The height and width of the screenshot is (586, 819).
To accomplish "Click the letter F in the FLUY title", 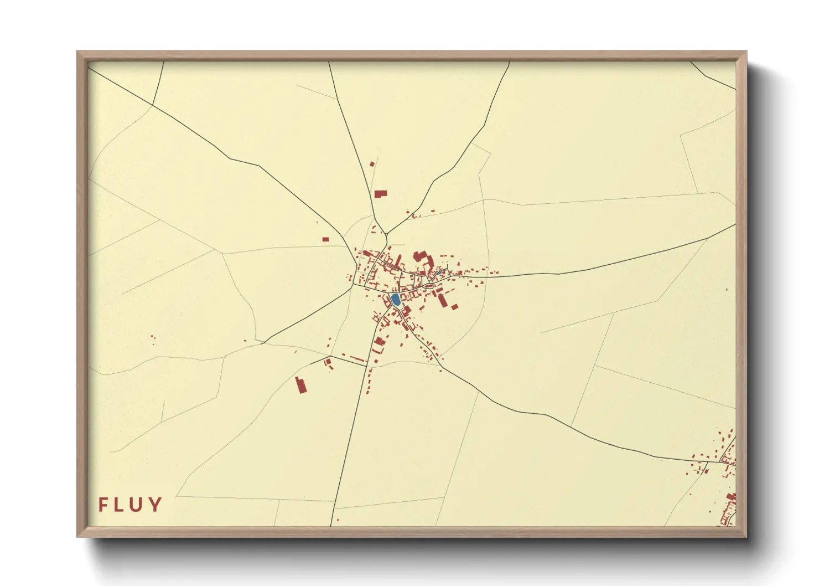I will [x=103, y=505].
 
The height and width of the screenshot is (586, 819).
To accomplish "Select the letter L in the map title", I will [x=120, y=505].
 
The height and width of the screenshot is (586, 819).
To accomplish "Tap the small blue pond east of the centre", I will [x=439, y=273].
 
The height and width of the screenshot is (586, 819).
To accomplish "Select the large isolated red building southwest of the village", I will [x=301, y=385].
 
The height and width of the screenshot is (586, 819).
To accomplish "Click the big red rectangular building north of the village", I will [x=380, y=194].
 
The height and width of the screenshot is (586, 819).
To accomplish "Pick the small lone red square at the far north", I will [x=372, y=164].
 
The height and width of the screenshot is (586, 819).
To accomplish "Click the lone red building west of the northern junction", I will [x=325, y=239].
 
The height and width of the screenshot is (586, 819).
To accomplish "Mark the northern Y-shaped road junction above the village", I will [x=386, y=233].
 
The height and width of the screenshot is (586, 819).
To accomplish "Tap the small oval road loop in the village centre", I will [x=429, y=285].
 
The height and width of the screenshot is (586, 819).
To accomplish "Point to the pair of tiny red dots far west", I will [x=153, y=337].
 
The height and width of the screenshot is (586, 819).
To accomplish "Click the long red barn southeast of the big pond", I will [x=442, y=300].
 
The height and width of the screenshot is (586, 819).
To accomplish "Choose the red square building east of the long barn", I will [x=455, y=306].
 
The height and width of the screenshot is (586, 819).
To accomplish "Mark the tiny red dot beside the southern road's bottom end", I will [x=338, y=520].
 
